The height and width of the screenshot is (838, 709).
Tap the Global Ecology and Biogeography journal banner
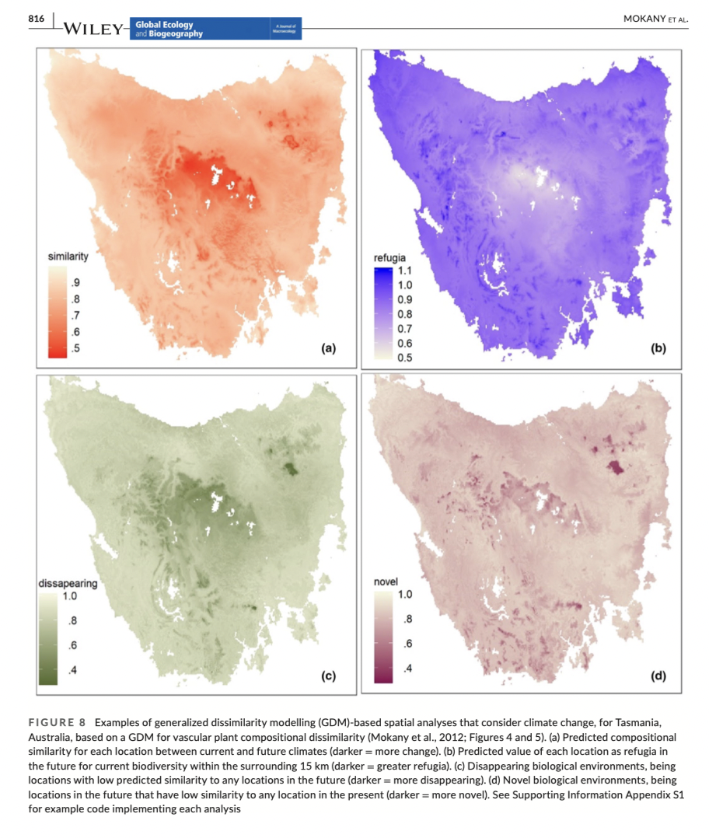point(217,29)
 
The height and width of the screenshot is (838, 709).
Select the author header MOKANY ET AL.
point(657,19)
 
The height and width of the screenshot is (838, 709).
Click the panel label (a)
point(328,349)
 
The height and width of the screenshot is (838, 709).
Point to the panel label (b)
point(658,349)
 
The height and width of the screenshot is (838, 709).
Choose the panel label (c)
point(328,676)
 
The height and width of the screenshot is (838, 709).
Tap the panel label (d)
point(658,676)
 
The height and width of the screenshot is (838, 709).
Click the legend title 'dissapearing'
point(68,584)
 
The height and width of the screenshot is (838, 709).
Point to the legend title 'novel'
point(386,581)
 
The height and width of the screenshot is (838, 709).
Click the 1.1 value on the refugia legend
point(406,271)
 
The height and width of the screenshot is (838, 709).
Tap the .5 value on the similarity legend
point(75,347)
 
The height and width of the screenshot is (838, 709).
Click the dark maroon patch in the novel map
point(616,467)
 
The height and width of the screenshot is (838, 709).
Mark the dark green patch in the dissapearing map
point(290,468)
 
